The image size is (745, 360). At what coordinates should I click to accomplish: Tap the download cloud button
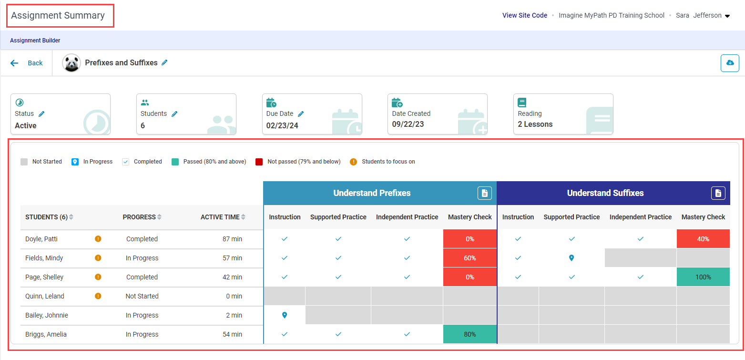[x=730, y=63]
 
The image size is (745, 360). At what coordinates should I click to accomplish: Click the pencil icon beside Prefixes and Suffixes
[x=164, y=62]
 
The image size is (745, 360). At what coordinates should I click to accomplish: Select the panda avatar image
[x=71, y=63]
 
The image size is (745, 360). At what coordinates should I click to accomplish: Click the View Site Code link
[x=524, y=15]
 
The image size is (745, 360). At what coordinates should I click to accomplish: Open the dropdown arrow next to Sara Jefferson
[x=727, y=16]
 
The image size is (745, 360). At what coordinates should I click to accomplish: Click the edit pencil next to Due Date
[x=301, y=113]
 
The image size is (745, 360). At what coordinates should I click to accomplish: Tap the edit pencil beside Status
[x=41, y=113]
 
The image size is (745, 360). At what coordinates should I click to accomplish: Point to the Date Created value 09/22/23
[x=408, y=124]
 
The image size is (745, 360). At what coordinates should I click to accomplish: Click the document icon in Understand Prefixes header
[x=484, y=193]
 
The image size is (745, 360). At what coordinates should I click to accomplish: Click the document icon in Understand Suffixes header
[x=718, y=193]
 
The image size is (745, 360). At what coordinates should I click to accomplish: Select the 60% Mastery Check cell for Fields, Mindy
[x=469, y=258]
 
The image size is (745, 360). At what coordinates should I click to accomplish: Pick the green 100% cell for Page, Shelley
[x=703, y=277]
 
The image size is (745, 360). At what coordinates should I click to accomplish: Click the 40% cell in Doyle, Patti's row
[x=703, y=239]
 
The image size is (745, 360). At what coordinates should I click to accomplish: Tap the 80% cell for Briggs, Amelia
[x=469, y=334]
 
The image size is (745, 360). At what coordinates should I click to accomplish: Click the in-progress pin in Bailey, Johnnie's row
[x=285, y=315]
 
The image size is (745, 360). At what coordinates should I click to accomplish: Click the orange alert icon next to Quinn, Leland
[x=98, y=296]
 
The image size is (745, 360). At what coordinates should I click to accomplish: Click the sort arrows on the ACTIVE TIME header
[x=243, y=217]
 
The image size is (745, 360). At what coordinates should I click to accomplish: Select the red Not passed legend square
[x=259, y=162]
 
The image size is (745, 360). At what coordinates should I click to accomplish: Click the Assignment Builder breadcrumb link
[x=35, y=41]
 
